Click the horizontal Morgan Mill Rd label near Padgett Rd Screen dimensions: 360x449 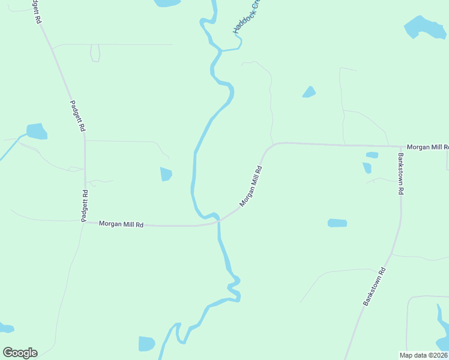(121, 224)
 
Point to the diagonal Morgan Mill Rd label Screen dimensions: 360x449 (252, 187)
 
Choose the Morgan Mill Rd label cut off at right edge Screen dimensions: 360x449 (427, 147)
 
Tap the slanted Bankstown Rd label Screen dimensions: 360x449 (375, 287)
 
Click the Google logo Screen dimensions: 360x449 (20, 353)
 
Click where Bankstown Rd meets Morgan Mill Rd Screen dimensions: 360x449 (400, 146)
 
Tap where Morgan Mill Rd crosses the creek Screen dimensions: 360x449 (218, 220)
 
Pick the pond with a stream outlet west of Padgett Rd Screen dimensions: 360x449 (37, 131)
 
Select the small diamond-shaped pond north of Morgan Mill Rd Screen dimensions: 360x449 (309, 92)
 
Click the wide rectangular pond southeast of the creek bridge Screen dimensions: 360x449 (337, 223)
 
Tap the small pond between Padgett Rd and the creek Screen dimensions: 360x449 (166, 174)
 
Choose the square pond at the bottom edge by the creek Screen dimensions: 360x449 (146, 343)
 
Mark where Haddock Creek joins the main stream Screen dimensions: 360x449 (221, 50)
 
